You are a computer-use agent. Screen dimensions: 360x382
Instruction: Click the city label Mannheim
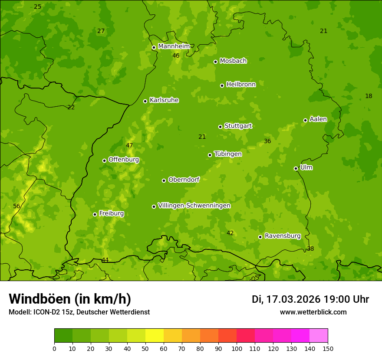pos(174,46)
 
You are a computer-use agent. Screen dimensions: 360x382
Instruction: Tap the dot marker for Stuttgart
pos(220,127)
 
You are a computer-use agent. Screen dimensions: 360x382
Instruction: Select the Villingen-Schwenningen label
pos(194,206)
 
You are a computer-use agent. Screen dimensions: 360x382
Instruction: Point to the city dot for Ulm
pos(296,168)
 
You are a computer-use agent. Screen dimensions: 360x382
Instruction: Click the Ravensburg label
pos(282,236)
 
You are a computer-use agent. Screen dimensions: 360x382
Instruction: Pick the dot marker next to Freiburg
pos(95,214)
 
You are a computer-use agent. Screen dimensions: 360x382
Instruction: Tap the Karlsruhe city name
pos(164,100)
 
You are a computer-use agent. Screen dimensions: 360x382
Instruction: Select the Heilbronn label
pos(241,85)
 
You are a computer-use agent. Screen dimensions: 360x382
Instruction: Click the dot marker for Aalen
pos(305,120)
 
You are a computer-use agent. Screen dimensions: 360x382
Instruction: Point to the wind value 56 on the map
pos(16,206)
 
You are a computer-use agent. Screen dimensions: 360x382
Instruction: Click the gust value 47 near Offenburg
pos(129,145)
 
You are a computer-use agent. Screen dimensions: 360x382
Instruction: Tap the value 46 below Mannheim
pos(176,56)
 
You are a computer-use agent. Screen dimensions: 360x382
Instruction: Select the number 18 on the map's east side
pos(369,96)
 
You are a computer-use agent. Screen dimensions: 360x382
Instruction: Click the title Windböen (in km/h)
pos(70,299)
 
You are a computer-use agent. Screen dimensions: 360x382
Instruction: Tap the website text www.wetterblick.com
pos(313,312)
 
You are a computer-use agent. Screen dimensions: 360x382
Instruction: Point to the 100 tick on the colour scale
pos(237,348)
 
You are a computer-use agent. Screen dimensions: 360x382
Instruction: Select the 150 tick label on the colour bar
pos(328,348)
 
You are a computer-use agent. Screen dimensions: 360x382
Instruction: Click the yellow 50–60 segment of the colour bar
pos(155,336)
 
